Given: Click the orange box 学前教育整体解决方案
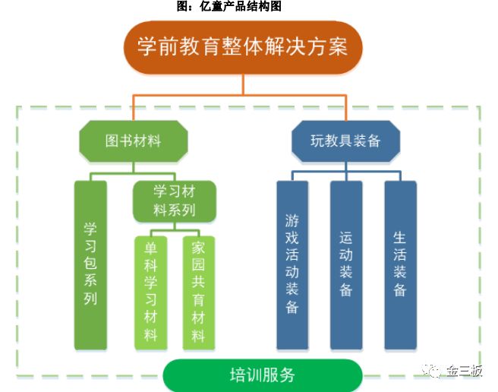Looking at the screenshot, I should tap(243, 47).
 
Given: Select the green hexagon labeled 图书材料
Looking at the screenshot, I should tap(133, 141).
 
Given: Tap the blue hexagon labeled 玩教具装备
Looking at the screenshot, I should tap(345, 141).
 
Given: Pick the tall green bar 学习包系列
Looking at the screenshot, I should tap(90, 264).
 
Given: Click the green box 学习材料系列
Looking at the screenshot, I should tap(175, 200).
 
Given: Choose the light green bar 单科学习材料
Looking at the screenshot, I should tap(150, 292).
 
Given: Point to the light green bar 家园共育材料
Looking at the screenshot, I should tap(198, 292).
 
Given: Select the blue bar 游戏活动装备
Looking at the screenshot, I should tap(292, 264).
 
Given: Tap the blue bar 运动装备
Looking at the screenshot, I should tap(345, 264).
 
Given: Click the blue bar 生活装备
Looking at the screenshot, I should tap(400, 264).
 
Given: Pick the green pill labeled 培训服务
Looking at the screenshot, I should tap(262, 375).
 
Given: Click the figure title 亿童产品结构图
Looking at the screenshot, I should tap(229, 7).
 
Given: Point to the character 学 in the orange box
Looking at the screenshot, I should tap(148, 47).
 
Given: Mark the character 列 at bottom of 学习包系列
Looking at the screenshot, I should tap(90, 298).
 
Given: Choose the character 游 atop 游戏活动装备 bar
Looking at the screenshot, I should tap(292, 221).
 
